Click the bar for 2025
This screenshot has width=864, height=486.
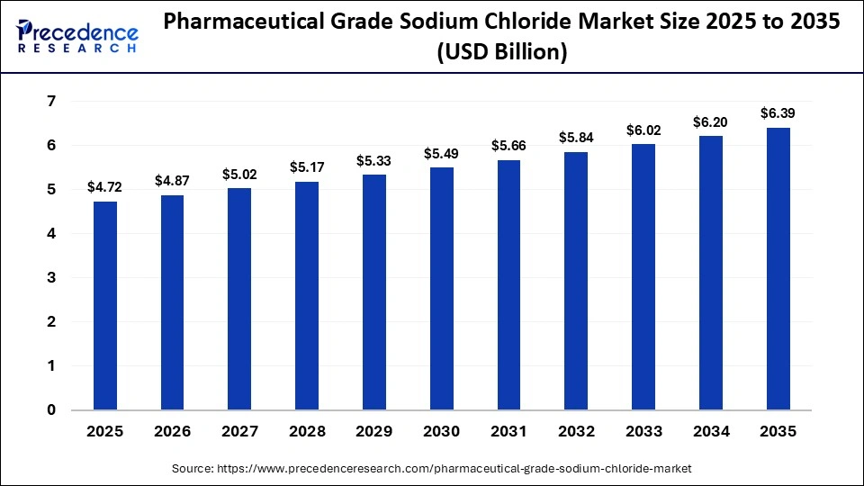(105, 306)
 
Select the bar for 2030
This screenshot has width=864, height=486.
(442, 289)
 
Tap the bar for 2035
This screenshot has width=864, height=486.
(778, 269)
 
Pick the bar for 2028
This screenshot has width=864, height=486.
(307, 296)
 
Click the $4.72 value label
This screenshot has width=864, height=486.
(104, 187)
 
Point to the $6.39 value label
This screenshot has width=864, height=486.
(778, 113)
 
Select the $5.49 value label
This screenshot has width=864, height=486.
(441, 154)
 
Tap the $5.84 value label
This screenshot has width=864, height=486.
(576, 138)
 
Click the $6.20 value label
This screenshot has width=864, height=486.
(711, 121)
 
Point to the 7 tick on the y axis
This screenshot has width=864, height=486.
(51, 102)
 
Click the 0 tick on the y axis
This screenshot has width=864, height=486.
(51, 410)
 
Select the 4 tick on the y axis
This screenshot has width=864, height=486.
(51, 234)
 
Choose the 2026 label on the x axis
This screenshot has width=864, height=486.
(172, 432)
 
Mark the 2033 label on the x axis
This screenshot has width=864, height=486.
(643, 432)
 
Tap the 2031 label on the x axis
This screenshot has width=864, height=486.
(508, 432)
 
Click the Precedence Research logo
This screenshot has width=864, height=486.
(77, 37)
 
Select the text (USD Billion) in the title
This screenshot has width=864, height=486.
(501, 54)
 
